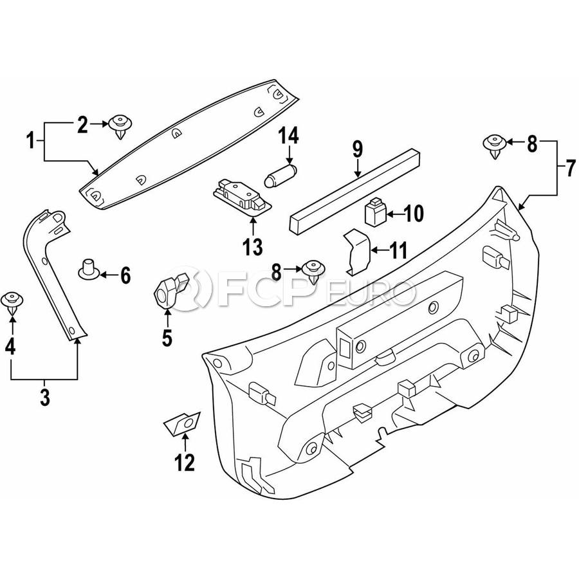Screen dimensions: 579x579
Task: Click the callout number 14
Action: click(289, 136)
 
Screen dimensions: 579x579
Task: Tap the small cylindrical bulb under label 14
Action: click(280, 174)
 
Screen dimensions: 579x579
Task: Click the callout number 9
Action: click(358, 149)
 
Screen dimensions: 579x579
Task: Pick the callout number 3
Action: click(45, 397)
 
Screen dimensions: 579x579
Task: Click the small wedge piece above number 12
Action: click(183, 423)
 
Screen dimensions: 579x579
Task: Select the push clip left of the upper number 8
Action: click(494, 145)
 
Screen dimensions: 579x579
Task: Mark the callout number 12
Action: click(185, 463)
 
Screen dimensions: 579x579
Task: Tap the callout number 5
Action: click(167, 338)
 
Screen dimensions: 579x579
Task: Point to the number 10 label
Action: click(414, 213)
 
